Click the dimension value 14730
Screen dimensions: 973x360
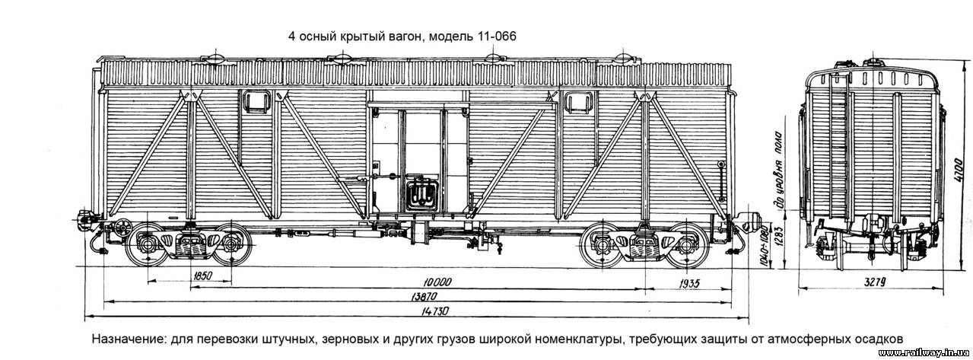tap(435, 311)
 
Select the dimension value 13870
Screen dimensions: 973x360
tap(424, 297)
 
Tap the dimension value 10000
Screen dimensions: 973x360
tap(438, 282)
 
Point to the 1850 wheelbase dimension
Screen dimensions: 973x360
tap(202, 276)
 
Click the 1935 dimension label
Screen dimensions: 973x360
tap(689, 284)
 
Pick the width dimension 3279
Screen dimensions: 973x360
tap(874, 282)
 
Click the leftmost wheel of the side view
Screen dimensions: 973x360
tap(146, 245)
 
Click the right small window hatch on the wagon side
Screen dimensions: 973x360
tap(579, 102)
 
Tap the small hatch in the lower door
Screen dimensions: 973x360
tap(420, 194)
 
